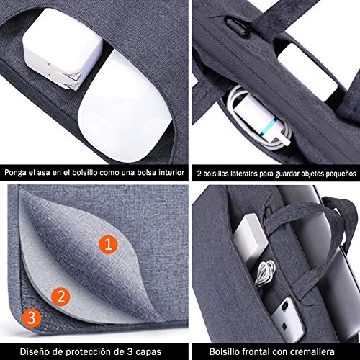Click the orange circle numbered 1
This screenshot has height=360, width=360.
point(108,246)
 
